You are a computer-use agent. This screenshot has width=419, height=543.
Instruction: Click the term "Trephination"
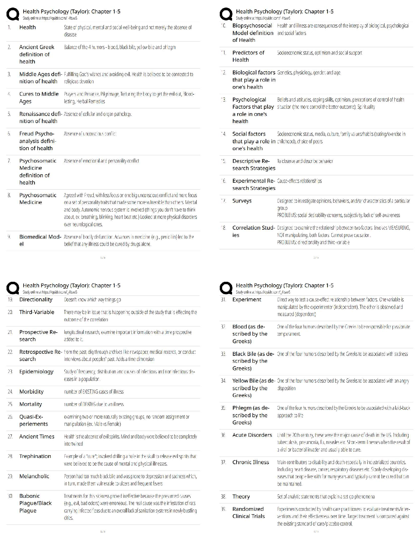[x=35, y=456]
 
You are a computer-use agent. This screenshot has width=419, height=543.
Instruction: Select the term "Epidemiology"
[x=36, y=372]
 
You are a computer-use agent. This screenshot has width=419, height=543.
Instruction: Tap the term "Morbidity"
[x=31, y=391]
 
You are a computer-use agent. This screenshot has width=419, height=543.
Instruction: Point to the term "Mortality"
[x=30, y=404]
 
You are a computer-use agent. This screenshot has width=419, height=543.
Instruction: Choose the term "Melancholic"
[x=34, y=476]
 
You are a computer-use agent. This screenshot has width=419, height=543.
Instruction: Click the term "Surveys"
[x=242, y=201]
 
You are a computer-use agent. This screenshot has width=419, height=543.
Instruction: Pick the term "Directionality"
[x=36, y=300]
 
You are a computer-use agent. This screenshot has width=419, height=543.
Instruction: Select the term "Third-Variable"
[x=37, y=312]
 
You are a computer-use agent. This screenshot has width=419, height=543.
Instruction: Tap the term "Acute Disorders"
[x=252, y=435]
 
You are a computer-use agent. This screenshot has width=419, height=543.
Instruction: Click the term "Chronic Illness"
[x=251, y=462]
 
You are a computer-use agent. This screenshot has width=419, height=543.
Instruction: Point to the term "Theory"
[x=241, y=496]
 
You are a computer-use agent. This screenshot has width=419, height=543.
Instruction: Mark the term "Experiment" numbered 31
[x=246, y=300]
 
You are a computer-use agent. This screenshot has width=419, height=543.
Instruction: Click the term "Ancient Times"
[x=37, y=436]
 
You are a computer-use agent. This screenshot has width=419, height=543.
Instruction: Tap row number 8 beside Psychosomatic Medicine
[x=9, y=195]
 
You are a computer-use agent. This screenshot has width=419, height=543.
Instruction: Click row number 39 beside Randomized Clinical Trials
[x=223, y=509]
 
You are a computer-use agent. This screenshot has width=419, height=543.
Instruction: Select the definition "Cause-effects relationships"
[x=299, y=181]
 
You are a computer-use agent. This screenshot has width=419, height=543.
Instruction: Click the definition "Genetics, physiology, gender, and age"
[x=308, y=73]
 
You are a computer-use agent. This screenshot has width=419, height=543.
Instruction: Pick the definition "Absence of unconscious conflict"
[x=90, y=134]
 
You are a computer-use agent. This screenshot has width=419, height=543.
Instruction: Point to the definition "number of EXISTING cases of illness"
[x=93, y=391]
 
